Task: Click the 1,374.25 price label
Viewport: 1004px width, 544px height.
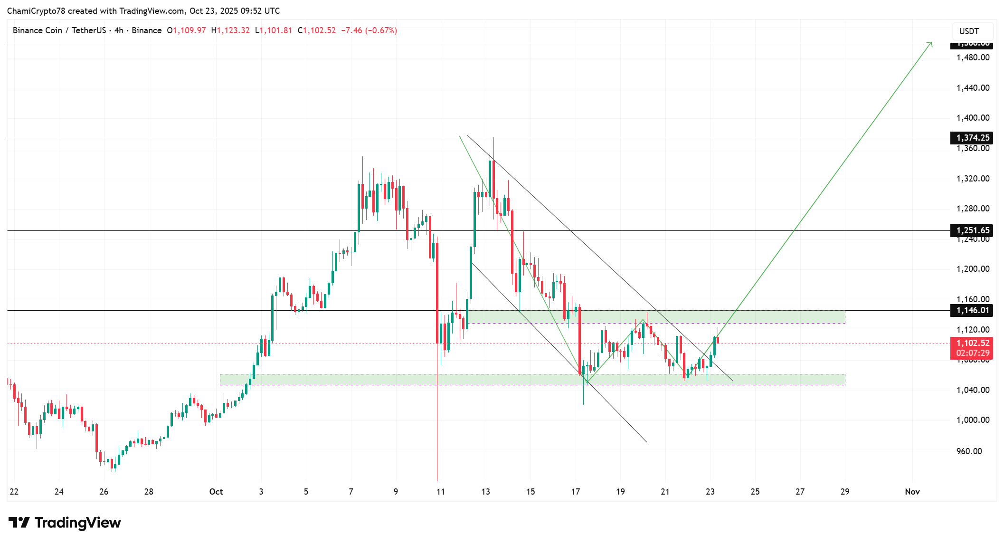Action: coord(973,138)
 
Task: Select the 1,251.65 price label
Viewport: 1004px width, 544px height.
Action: coord(973,230)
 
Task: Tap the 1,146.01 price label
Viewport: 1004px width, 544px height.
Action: coord(973,310)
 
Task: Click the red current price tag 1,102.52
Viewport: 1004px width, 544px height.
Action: coord(973,343)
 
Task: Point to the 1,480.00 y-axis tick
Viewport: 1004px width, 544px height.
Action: coord(973,57)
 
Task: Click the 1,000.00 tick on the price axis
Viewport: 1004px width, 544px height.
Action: coord(973,420)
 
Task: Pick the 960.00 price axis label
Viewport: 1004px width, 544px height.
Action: coord(969,451)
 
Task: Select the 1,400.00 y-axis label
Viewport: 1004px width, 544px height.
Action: coord(973,118)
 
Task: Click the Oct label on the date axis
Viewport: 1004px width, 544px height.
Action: coord(216,492)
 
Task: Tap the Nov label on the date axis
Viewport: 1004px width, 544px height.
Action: coord(912,492)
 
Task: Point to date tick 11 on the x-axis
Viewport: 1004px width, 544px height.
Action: coord(441,492)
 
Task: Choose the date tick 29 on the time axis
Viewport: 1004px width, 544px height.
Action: coord(845,492)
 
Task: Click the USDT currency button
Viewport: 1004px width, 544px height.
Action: coord(969,31)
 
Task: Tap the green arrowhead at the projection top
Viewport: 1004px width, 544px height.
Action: coord(930,44)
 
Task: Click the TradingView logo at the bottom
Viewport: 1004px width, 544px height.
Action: coord(65,523)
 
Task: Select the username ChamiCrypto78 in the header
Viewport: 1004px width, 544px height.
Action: coord(36,11)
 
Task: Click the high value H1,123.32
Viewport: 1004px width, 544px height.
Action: coord(230,30)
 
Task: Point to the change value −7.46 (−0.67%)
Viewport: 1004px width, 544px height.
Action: coord(369,30)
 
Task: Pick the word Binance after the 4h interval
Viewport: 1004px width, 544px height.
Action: coord(146,30)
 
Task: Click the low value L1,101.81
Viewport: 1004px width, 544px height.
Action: coord(274,30)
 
